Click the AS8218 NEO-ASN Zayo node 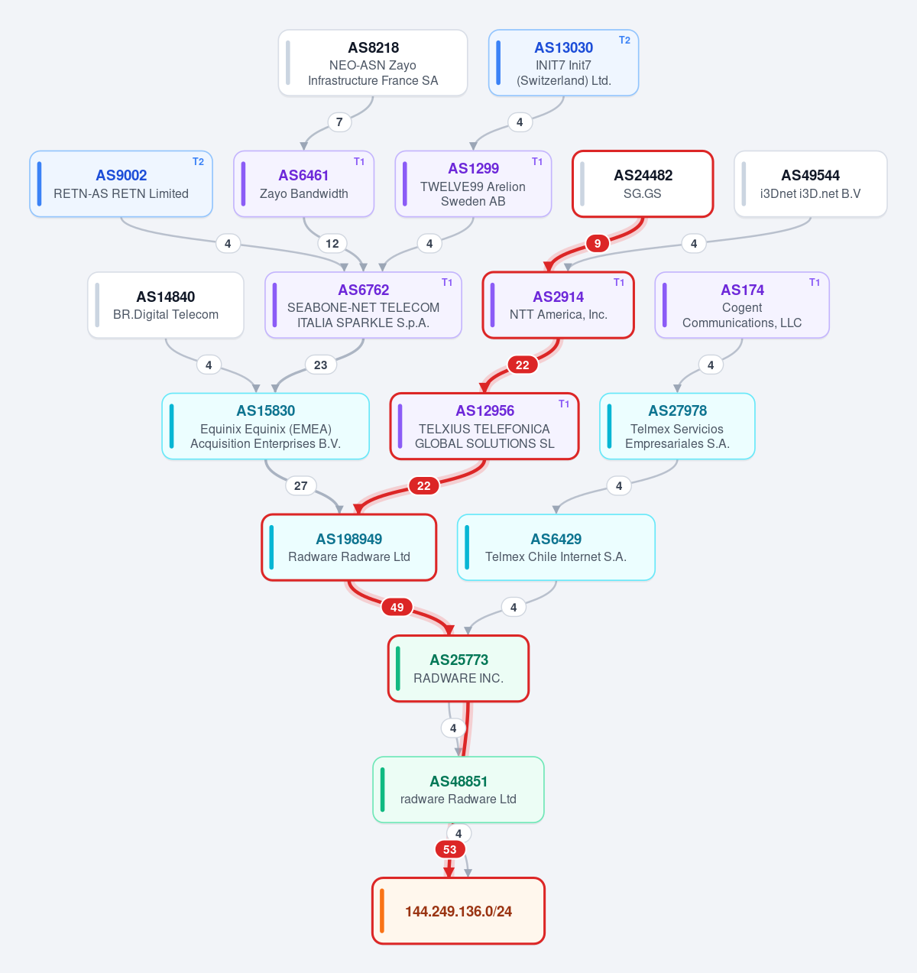pyautogui.click(x=373, y=63)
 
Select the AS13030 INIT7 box pyautogui.click(x=563, y=63)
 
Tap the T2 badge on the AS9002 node pyautogui.click(x=198, y=162)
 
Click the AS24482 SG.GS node pyautogui.click(x=643, y=183)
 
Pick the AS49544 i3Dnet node pyautogui.click(x=811, y=183)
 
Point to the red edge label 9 pyautogui.click(x=598, y=244)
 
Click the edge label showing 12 pyautogui.click(x=332, y=244)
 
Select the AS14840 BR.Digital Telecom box pyautogui.click(x=166, y=305)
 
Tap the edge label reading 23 pyautogui.click(x=320, y=365)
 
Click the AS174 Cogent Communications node pyautogui.click(x=742, y=305)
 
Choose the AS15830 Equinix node pyautogui.click(x=265, y=426)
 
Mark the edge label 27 pyautogui.click(x=301, y=486)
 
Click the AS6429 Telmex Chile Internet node pyautogui.click(x=556, y=547)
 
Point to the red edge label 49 pyautogui.click(x=397, y=608)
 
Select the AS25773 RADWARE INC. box pyautogui.click(x=458, y=668)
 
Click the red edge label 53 pyautogui.click(x=449, y=849)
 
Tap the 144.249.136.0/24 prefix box pyautogui.click(x=458, y=911)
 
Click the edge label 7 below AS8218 pyautogui.click(x=339, y=122)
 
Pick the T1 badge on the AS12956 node pyautogui.click(x=564, y=404)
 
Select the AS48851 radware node pyautogui.click(x=458, y=790)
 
